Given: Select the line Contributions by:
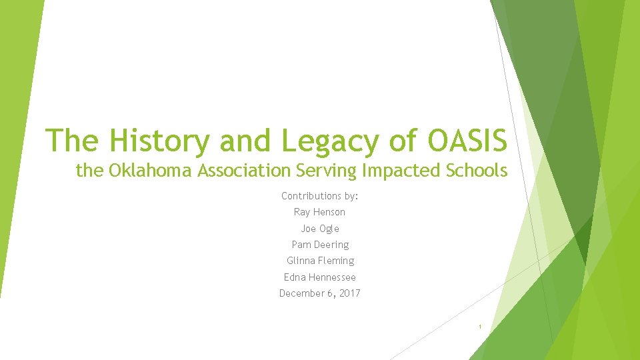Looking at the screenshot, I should pyautogui.click(x=320, y=196).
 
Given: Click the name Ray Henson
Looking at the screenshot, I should pyautogui.click(x=320, y=212).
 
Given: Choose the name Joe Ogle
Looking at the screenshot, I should pyautogui.click(x=320, y=229).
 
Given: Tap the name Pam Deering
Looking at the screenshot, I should pyautogui.click(x=320, y=245).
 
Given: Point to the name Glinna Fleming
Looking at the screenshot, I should pyautogui.click(x=320, y=261).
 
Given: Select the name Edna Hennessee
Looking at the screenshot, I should pyautogui.click(x=320, y=277).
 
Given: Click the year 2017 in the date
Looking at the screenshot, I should pyautogui.click(x=349, y=293).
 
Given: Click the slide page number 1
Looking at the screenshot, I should pyautogui.click(x=479, y=327).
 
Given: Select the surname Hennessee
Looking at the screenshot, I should pyautogui.click(x=333, y=277).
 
